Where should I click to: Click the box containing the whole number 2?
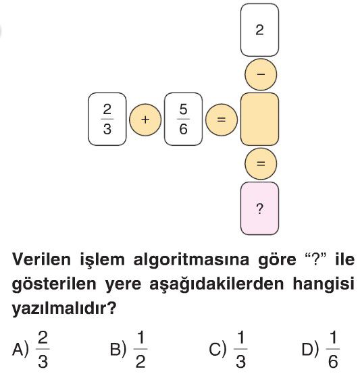[259, 30]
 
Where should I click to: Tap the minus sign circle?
[261, 74]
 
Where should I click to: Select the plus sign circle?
[145, 119]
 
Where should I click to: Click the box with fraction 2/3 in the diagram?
[107, 119]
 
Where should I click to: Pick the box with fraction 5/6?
[184, 119]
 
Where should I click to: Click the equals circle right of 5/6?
[222, 119]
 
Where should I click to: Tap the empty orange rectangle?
[259, 119]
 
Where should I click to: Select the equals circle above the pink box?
[261, 163]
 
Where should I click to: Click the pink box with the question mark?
[259, 209]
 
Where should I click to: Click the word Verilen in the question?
[41, 260]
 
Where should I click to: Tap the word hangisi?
[324, 284]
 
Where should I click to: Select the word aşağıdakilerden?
[217, 284]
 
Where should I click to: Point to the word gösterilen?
[54, 284]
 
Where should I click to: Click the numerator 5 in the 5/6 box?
[184, 109]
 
